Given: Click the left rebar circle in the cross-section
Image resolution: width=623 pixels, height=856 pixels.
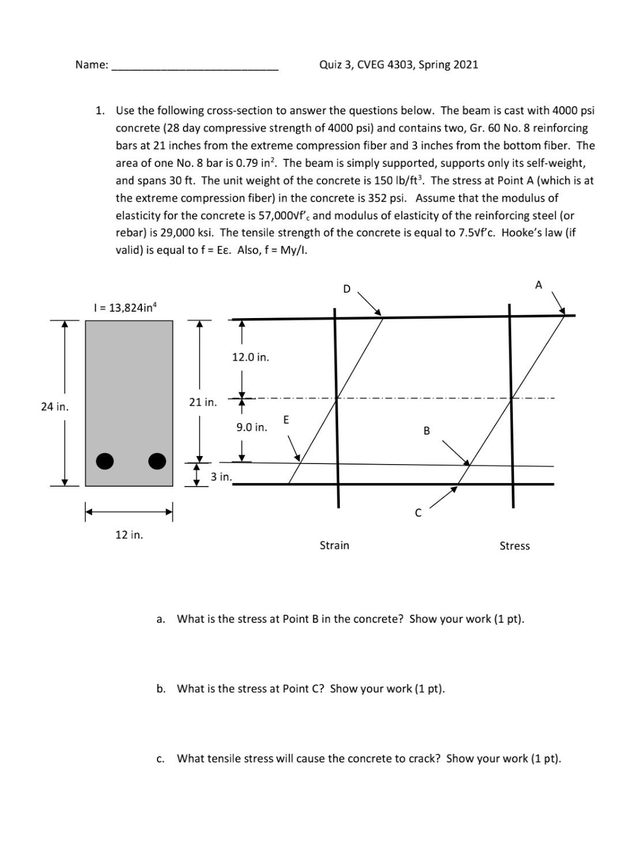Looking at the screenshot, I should [104, 461].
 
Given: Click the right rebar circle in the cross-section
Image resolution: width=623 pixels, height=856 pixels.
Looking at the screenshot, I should [157, 461].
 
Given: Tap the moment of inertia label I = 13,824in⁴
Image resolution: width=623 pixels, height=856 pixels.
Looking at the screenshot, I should [125, 308].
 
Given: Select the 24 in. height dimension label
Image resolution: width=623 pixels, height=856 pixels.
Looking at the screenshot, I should [55, 407].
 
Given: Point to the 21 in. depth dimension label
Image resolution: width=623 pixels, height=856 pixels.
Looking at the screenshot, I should [203, 402].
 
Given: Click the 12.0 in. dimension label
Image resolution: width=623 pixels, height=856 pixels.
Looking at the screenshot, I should [250, 357].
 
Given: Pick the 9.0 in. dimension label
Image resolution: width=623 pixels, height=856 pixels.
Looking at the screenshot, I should [252, 427].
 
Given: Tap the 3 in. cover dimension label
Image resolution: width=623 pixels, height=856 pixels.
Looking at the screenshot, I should [221, 477].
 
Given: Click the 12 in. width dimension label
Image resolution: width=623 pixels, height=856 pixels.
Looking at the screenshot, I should [129, 534].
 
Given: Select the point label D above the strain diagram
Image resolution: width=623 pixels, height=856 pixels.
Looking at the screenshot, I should [347, 289].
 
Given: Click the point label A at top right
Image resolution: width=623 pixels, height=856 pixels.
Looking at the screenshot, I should [538, 285].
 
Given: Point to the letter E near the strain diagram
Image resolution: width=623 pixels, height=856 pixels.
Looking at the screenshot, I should [286, 419].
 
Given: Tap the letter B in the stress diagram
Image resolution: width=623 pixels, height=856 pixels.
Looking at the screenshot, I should [426, 431].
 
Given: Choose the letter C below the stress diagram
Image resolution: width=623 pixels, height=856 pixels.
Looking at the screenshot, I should [418, 513].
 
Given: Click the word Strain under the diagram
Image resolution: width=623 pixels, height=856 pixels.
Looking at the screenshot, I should [335, 545].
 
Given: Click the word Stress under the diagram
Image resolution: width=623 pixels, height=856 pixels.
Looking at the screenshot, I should [515, 546].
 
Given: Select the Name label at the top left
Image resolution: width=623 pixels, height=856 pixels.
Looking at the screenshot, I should [91, 65].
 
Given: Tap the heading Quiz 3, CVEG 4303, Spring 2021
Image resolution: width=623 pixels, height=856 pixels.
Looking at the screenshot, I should [399, 65].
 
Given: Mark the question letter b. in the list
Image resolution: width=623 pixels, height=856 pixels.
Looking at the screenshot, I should [161, 689].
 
